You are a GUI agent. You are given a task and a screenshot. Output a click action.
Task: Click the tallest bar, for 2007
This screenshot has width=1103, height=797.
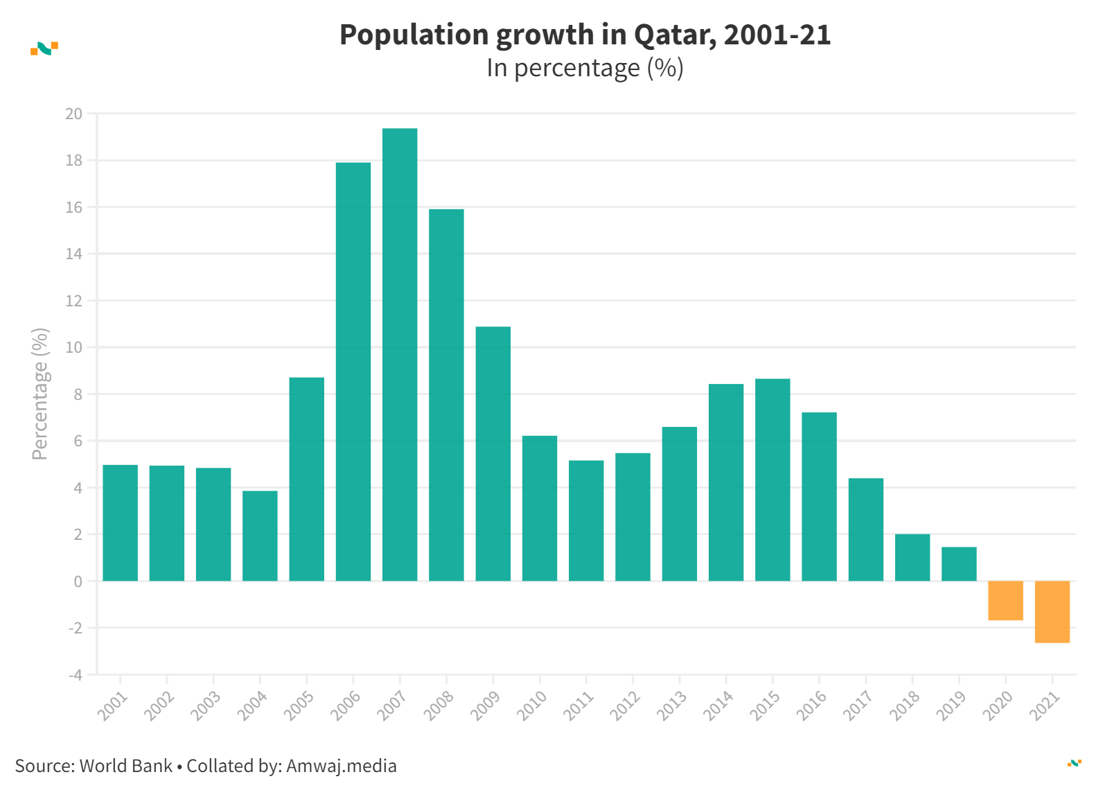pos(400,354)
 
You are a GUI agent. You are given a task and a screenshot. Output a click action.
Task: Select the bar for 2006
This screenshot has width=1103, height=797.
pos(353,371)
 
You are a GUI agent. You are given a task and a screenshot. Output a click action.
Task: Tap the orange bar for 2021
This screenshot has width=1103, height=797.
pos(1052,612)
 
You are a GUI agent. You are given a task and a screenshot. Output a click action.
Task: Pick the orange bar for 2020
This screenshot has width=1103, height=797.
pos(1005,601)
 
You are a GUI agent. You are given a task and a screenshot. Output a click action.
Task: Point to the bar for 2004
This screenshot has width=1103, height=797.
pos(260,536)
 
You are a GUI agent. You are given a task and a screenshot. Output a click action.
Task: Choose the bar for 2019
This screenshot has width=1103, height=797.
pos(959,564)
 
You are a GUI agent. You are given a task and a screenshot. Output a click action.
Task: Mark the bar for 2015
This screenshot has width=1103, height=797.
pos(773,480)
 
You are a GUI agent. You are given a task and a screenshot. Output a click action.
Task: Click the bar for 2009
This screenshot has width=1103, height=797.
pos(493,453)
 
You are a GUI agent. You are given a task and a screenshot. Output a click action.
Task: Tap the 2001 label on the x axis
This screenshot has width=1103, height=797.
pos(112,706)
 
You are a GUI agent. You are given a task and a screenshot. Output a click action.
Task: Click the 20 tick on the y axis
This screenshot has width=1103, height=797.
pos(73,114)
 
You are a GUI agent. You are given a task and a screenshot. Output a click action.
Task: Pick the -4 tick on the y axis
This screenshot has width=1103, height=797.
pos(75,674)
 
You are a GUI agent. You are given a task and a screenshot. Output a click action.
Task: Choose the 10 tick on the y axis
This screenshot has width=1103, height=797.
pos(73,347)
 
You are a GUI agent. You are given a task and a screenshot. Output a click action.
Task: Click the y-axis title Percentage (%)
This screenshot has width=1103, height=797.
pos(40,394)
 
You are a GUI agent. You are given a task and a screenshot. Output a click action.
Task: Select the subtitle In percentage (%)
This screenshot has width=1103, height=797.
pos(585,68)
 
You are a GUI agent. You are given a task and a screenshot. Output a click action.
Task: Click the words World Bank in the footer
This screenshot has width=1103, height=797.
pos(125,766)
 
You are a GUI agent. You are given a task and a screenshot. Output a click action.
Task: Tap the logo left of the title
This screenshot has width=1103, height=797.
pos(44,49)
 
